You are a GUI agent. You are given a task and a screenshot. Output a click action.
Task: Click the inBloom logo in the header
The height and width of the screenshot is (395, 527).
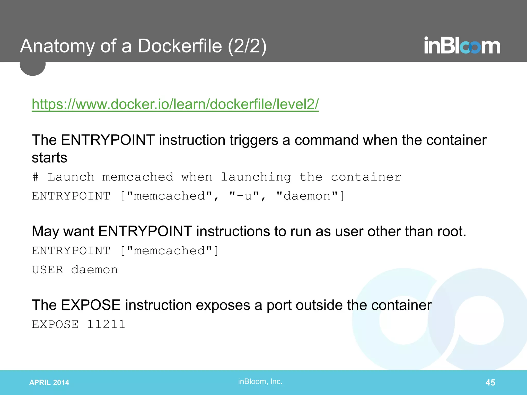pos(462,46)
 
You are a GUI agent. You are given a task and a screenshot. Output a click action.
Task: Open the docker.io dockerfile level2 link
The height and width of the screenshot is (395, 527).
pos(175,104)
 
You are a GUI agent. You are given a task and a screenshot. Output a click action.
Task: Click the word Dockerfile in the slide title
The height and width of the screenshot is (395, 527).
pos(180,46)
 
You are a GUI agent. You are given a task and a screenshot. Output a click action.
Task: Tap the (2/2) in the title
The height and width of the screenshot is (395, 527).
pos(247,46)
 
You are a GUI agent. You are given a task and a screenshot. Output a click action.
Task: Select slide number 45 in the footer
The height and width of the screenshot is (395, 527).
pos(490,382)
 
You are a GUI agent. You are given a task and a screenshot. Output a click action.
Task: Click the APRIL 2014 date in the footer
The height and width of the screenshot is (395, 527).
pos(49,382)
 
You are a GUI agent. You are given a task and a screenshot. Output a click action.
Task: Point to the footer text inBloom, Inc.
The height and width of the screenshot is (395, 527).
pos(260,381)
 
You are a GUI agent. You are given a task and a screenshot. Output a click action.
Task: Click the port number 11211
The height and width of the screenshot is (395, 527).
pos(106,325)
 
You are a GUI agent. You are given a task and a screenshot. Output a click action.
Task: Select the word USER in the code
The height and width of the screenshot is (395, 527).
pos(48,270)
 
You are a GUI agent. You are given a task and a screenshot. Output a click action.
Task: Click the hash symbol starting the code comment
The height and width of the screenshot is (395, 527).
pos(36,177)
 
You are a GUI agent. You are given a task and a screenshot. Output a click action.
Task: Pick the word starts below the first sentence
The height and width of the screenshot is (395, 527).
pos(49,158)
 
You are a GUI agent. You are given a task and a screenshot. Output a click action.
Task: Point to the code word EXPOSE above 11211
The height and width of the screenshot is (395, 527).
pos(55,325)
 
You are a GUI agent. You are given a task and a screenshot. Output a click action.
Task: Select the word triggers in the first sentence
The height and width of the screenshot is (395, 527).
pos(254,140)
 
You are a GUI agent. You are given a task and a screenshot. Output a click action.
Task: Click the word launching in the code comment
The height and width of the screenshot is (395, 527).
pos(256,177)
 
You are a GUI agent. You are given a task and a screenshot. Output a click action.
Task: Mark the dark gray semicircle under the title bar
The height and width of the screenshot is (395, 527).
pos(33,68)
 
